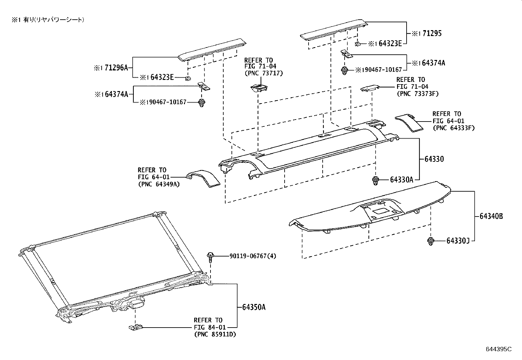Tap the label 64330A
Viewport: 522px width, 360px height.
(401, 180)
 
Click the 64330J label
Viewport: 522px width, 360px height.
(458, 241)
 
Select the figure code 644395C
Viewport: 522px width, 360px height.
(498, 349)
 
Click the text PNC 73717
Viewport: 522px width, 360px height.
(264, 73)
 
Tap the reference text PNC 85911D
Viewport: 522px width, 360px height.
(215, 334)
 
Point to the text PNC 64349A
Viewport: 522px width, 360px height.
(159, 184)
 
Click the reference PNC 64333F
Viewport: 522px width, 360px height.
(453, 128)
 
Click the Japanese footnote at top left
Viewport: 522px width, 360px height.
(48, 20)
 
